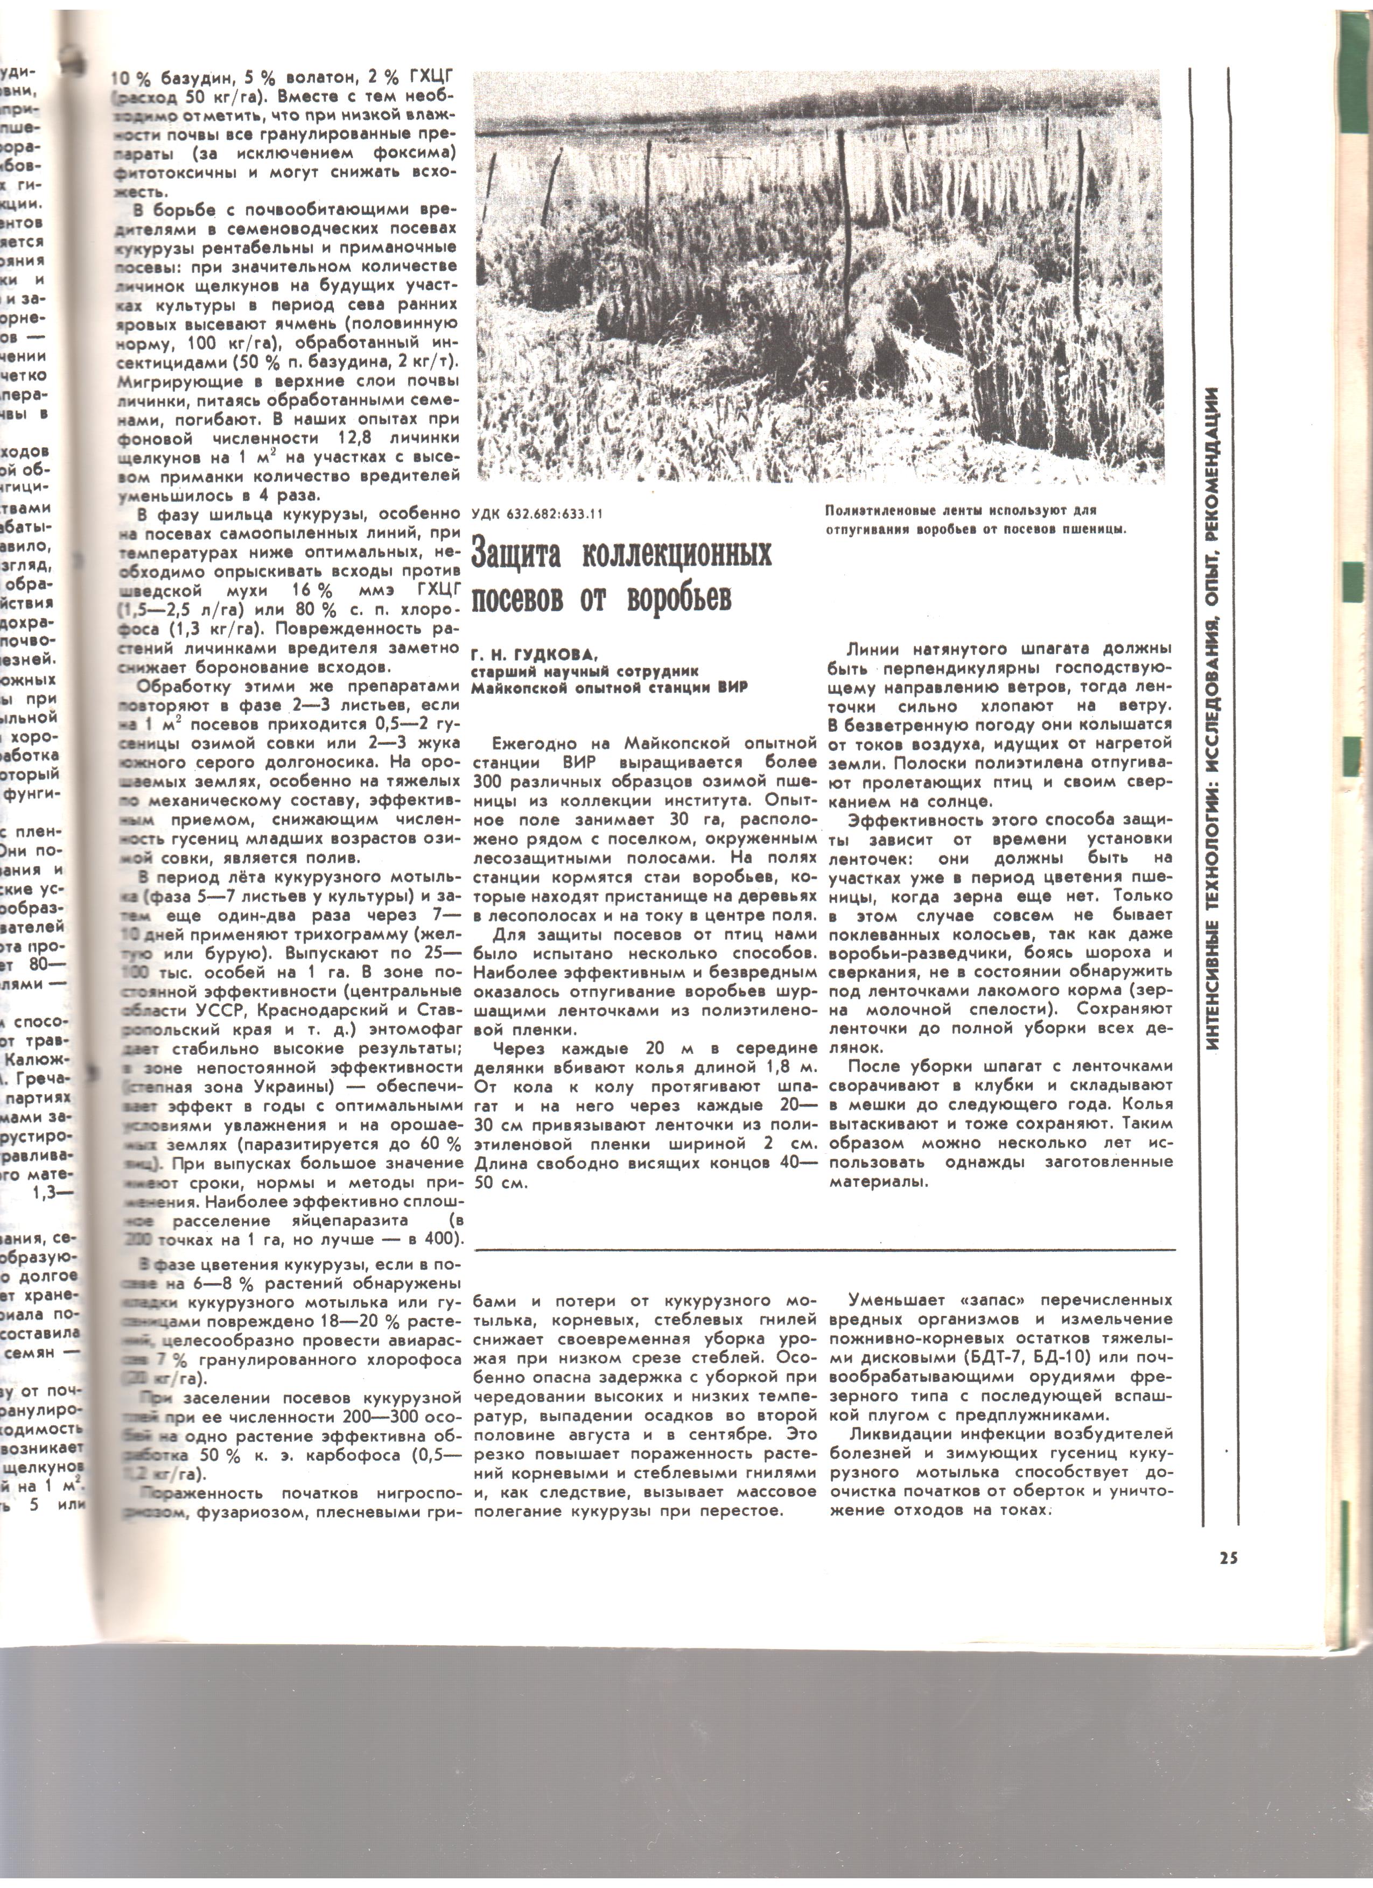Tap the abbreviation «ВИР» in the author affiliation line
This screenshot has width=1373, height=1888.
pyautogui.click(x=733, y=688)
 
